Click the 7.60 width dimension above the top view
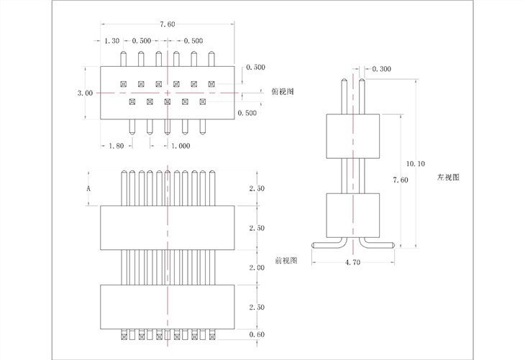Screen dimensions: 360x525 point(167,24)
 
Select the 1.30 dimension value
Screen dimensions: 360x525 point(112,41)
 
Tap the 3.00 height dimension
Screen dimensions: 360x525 point(84,93)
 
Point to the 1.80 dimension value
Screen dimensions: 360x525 point(115,146)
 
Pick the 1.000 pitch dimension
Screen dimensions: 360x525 point(181,146)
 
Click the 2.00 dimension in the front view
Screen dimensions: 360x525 point(257,267)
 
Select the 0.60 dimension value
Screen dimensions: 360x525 point(257,334)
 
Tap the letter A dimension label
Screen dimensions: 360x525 point(88,188)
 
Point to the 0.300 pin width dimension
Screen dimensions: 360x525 point(382,70)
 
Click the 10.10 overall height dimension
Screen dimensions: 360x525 point(416,163)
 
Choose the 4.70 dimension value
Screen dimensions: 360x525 point(352,264)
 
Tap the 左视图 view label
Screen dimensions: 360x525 point(447,177)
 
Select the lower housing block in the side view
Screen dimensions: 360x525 point(352,215)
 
